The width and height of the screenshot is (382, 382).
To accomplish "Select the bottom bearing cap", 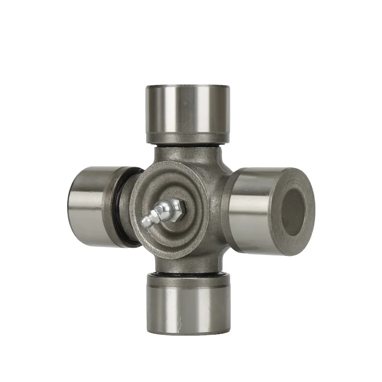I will coord(187,306).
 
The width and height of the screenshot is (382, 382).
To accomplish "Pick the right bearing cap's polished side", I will coord(253,210).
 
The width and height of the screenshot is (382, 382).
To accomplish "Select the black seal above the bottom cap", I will coord(187,274).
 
